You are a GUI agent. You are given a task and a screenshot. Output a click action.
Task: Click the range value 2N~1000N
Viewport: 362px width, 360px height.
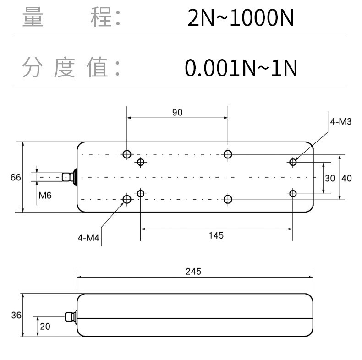click(x=240, y=19)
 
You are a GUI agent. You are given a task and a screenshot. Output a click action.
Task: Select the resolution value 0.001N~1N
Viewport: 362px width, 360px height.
click(x=241, y=68)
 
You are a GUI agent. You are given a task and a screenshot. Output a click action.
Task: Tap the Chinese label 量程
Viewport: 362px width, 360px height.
click(x=71, y=18)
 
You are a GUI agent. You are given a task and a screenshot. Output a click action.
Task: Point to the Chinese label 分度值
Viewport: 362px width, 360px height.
click(x=71, y=68)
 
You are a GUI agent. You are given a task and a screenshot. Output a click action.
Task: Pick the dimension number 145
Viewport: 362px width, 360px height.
click(x=216, y=235)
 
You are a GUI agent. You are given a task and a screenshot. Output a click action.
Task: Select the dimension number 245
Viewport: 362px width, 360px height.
click(x=193, y=271)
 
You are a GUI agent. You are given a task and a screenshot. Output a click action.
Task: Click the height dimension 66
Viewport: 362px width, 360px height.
click(x=16, y=177)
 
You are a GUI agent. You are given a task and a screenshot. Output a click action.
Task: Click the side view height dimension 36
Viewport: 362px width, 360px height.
click(x=16, y=316)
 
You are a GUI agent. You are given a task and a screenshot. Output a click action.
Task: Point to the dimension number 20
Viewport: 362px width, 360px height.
click(x=45, y=327)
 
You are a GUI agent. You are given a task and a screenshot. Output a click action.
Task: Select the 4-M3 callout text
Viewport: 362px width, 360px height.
click(x=340, y=122)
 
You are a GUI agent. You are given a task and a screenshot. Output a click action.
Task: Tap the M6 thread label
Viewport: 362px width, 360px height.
click(x=45, y=196)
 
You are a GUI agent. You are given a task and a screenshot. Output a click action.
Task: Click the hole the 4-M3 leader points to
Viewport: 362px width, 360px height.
click(x=293, y=162)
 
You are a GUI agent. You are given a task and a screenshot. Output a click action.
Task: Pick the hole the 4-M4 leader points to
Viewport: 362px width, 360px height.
click(x=127, y=199)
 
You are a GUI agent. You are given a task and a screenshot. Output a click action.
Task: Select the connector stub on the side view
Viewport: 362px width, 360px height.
click(x=70, y=316)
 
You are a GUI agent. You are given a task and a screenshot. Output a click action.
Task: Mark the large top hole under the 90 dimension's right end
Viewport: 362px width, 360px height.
click(x=228, y=154)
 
